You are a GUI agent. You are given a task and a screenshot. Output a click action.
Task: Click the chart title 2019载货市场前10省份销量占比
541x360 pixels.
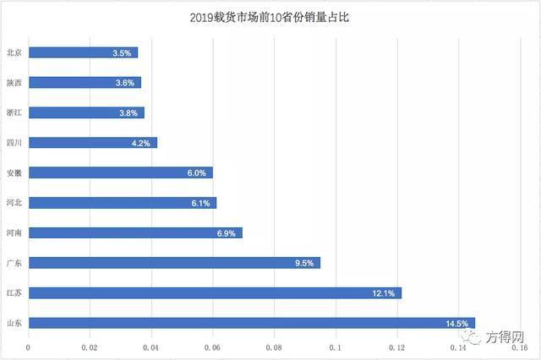270,16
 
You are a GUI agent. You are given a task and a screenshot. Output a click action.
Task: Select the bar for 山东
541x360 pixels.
252,323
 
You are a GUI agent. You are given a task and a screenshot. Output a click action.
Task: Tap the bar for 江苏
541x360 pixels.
215,293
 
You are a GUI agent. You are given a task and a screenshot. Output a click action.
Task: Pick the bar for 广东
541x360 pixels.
174,263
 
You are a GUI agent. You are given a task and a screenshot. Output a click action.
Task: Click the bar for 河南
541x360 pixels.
135,232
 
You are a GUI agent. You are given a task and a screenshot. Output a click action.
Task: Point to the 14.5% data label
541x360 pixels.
457,323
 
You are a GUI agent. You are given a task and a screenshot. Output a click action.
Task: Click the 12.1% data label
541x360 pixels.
384,293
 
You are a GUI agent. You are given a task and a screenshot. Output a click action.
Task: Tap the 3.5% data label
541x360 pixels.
122,52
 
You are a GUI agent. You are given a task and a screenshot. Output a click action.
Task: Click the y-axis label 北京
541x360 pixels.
14,52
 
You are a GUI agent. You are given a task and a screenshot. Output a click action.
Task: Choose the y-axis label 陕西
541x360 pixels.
14,83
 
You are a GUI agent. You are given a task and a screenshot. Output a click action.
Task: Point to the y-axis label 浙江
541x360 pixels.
14,112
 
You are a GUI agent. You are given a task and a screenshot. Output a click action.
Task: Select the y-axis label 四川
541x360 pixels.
14,143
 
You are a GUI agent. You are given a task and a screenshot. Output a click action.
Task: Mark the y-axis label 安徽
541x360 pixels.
14,173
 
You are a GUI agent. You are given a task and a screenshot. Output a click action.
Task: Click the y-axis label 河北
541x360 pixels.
14,203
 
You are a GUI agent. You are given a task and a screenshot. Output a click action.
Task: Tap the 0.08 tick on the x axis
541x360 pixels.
275,346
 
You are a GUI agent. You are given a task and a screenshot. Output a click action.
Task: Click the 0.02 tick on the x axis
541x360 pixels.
90,346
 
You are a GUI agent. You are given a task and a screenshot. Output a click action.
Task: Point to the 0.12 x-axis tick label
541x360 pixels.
397,346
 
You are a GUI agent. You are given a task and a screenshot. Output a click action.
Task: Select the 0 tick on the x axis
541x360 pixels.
29,346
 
